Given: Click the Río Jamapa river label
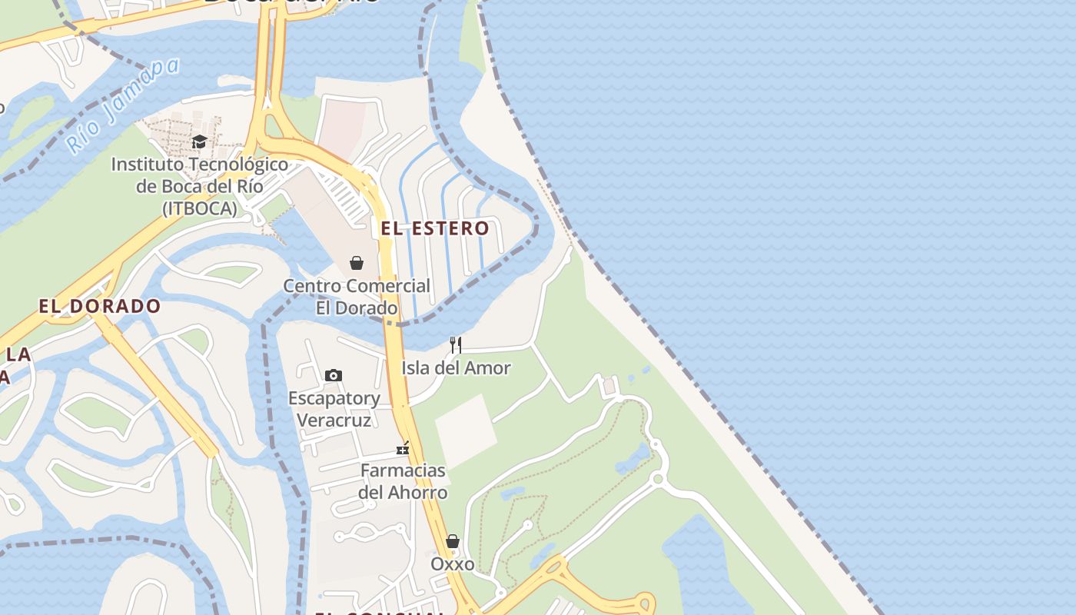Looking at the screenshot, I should (x=122, y=105).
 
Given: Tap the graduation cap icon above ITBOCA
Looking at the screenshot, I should (x=199, y=141).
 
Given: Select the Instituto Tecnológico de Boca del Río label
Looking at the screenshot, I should (x=200, y=186).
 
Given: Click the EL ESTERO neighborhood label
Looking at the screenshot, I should (x=435, y=228).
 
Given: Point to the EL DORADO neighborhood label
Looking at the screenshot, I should (x=100, y=306).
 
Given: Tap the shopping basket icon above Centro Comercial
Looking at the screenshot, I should (x=357, y=263).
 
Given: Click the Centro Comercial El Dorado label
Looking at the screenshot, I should (x=357, y=297).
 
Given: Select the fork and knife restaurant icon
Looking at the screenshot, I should (x=456, y=344).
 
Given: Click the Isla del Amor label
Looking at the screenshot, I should (x=456, y=368).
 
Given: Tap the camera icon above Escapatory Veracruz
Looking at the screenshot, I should (x=334, y=375).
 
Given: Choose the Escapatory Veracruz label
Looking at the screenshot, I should (x=334, y=409).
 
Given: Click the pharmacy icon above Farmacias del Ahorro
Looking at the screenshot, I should (x=403, y=448).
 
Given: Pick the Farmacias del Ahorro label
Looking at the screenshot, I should (x=403, y=481).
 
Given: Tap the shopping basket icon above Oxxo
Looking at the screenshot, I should (x=453, y=541).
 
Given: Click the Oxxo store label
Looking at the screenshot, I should (x=453, y=564).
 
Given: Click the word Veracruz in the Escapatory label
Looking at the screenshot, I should (x=334, y=421).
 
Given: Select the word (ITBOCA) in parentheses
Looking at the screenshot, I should (x=200, y=208).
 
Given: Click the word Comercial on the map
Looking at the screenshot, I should (x=389, y=286).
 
